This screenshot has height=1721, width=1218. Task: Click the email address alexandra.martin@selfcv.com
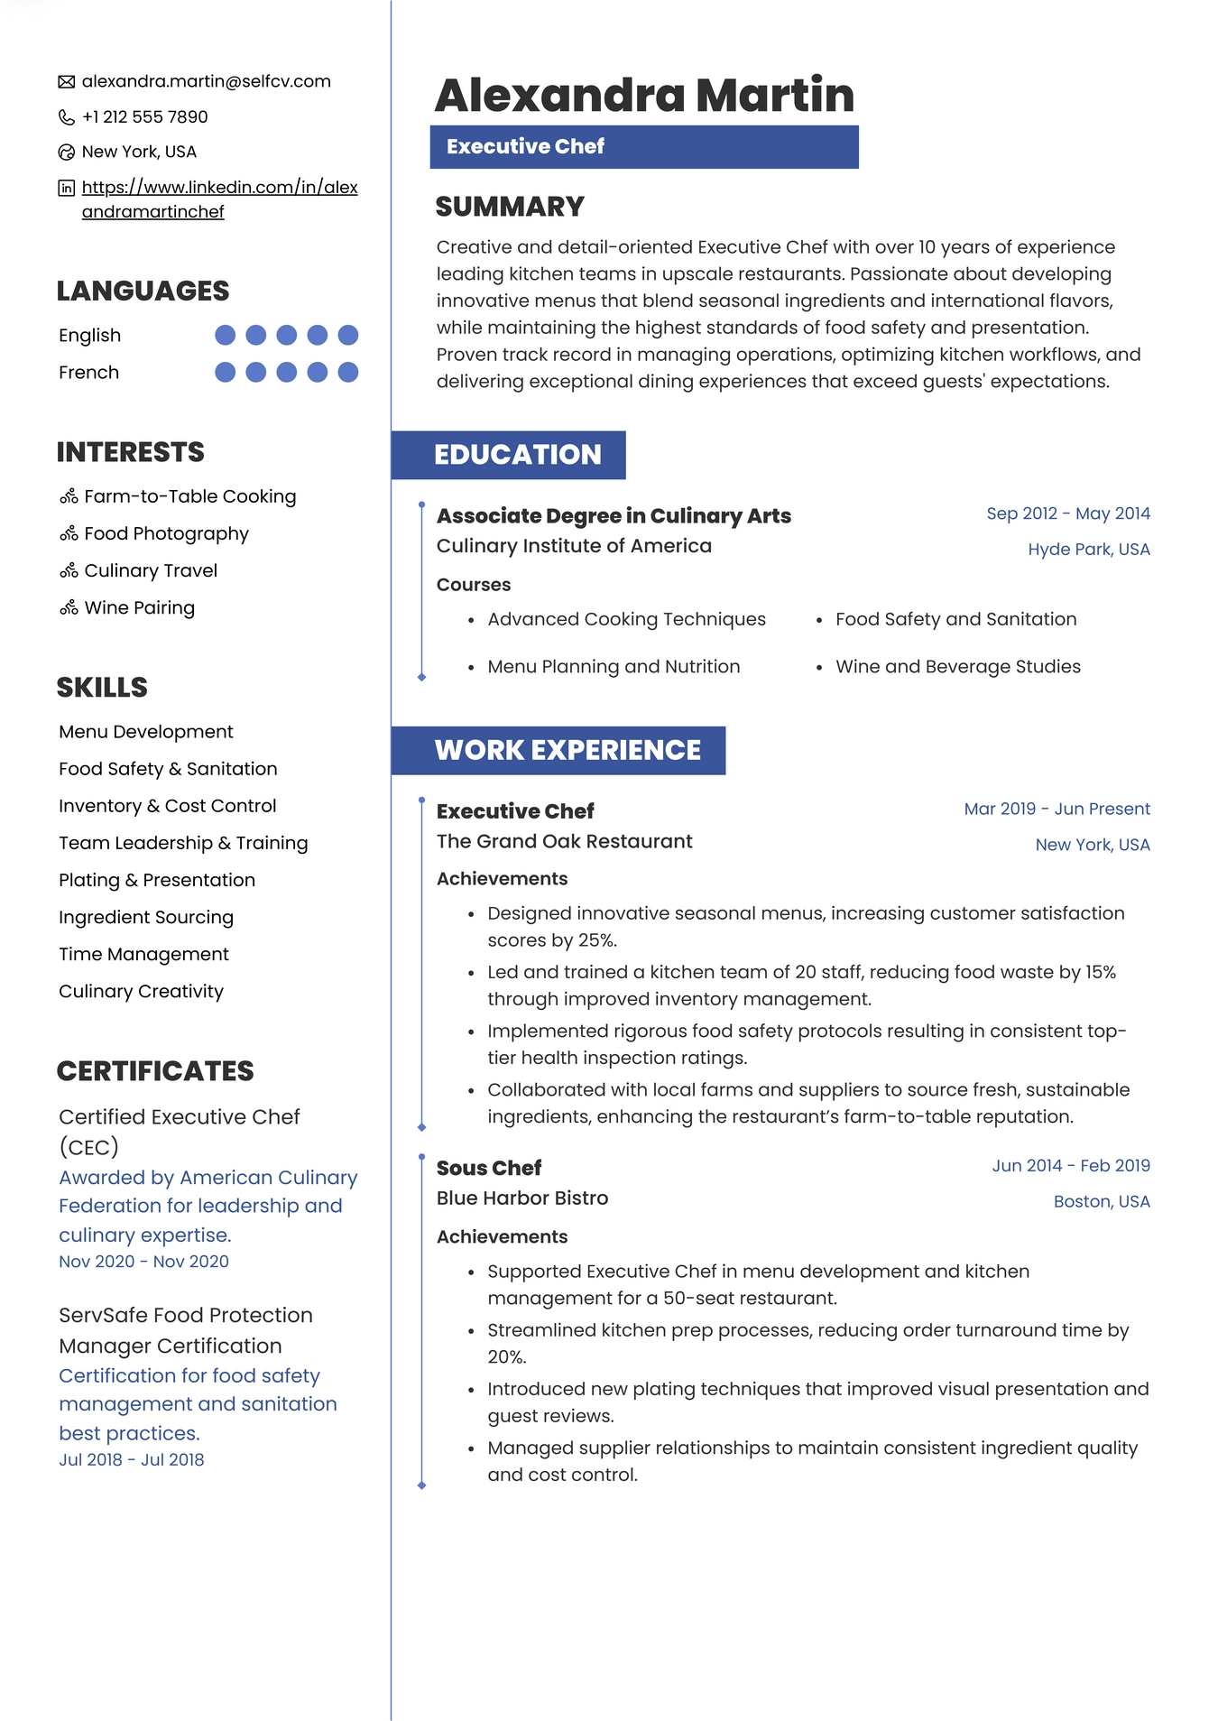coord(206,81)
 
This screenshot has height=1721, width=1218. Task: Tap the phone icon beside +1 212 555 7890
coord(67,117)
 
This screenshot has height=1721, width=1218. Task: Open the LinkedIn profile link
coord(219,199)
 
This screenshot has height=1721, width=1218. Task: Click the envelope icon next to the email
coord(67,82)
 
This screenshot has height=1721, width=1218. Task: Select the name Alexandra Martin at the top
coord(644,95)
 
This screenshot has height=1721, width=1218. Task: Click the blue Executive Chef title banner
coord(643,146)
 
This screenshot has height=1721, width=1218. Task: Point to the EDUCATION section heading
coord(517,455)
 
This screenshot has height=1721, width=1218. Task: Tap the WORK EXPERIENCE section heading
coord(567,750)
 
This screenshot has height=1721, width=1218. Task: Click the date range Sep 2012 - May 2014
coord(1067,514)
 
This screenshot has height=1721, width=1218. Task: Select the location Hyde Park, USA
coord(1088,550)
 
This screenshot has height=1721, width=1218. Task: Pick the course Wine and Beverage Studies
coord(957,667)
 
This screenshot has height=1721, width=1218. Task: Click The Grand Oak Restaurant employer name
coord(564,841)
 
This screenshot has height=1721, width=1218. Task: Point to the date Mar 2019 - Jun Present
coord(1057,809)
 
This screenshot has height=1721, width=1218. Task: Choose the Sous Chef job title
coord(489,1168)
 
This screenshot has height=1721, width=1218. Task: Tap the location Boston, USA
coord(1101,1201)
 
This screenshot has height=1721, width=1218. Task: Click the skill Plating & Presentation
coord(157,880)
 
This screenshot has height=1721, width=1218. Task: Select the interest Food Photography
coord(166,533)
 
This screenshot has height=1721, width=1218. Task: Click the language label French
coord(88,373)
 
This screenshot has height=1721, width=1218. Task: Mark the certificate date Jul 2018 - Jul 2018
coord(132,1459)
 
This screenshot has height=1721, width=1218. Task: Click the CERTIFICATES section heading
coord(155,1071)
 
